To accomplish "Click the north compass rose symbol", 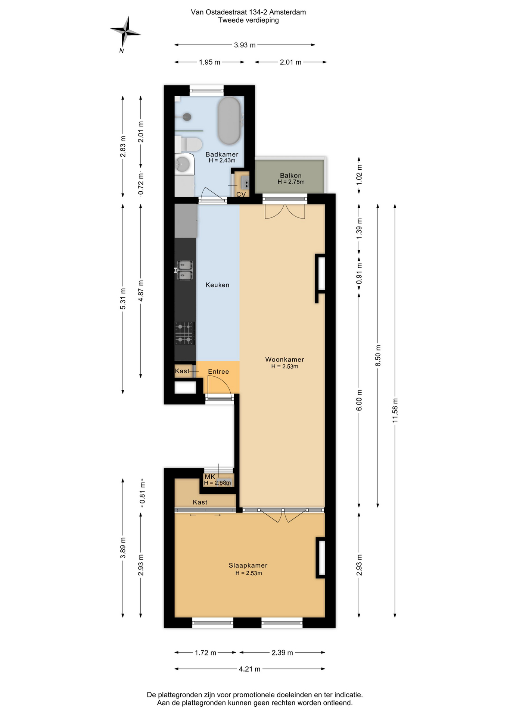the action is (125, 32).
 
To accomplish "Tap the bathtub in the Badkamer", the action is (230, 120).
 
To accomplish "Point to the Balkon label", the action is (291, 176).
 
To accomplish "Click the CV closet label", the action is (241, 194).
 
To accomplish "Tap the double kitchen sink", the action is (185, 270).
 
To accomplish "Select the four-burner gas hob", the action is (185, 333).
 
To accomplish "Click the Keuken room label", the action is (217, 285).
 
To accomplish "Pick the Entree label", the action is (218, 371).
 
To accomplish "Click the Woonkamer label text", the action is (284, 359).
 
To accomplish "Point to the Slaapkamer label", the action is (248, 565).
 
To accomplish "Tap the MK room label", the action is (210, 477).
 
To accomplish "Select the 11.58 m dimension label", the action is (395, 410).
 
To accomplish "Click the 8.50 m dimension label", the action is (378, 355).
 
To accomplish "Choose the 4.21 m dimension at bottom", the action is (249, 669).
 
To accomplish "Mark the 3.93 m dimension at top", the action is (245, 45).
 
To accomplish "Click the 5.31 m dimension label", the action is (123, 299).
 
